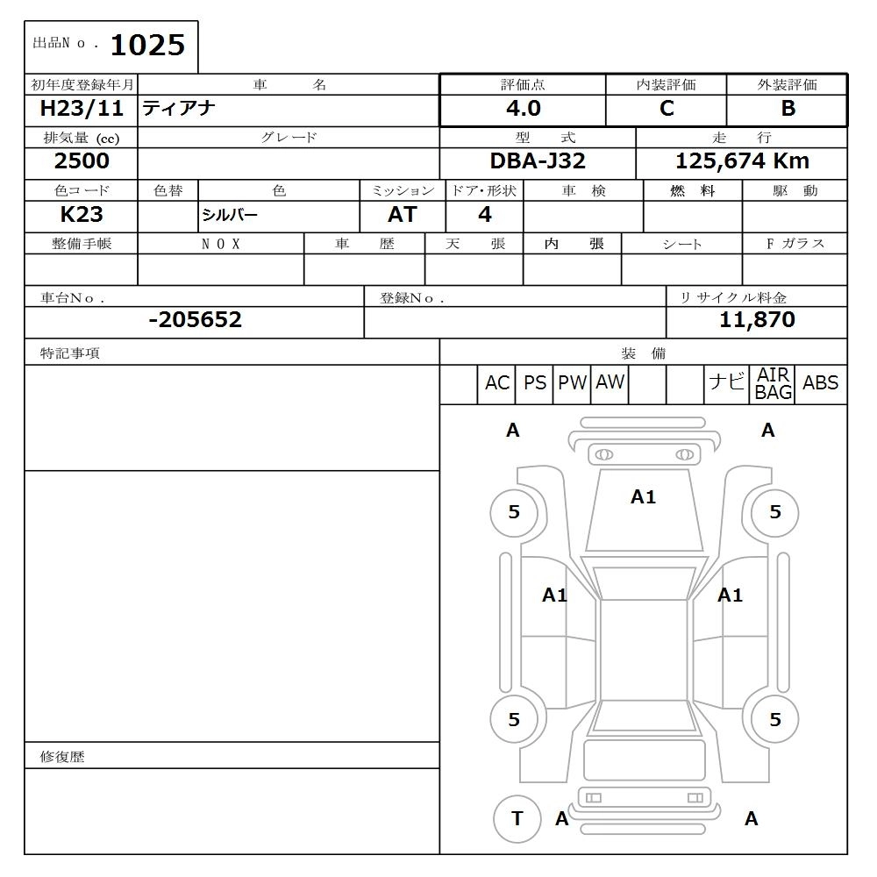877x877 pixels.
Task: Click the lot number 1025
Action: click(x=147, y=45)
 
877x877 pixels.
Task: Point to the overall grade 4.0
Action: click(x=523, y=109)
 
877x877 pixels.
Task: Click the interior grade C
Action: click(x=667, y=109)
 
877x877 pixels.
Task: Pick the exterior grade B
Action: click(x=788, y=109)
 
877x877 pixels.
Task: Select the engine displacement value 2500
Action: click(x=82, y=161)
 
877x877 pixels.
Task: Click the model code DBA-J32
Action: click(x=538, y=161)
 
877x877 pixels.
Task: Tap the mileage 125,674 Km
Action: click(x=742, y=161)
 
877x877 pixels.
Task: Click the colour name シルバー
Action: click(x=230, y=216)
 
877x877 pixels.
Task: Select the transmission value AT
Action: click(x=402, y=215)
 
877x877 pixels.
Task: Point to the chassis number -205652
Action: click(x=195, y=320)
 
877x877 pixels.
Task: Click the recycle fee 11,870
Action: click(x=757, y=320)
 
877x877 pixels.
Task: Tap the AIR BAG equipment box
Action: click(x=773, y=384)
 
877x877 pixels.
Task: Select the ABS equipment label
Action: click(x=820, y=383)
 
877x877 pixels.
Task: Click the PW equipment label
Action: click(x=572, y=383)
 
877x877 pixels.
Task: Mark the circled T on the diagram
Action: click(x=517, y=819)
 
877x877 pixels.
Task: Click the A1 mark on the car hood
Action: click(x=643, y=497)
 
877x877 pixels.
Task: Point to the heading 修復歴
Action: click(x=62, y=756)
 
